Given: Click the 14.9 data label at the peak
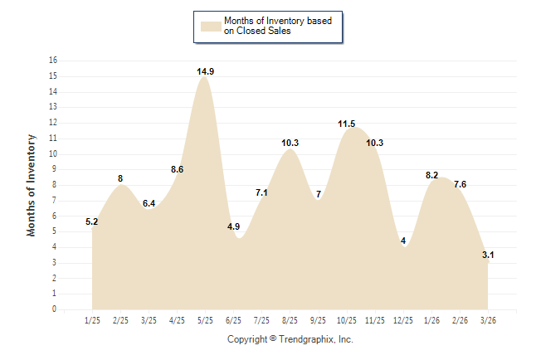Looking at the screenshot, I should point(206,72).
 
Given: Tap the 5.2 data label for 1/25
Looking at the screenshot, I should point(92,222).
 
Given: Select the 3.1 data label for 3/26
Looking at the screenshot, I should point(488,255).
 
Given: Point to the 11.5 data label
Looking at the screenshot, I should point(347,124).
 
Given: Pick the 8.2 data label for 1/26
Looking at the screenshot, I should point(431,175).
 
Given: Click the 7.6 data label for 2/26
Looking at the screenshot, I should point(460,184).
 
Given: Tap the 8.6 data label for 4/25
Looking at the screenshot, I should point(178,169).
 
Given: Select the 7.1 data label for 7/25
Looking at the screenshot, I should point(261,192).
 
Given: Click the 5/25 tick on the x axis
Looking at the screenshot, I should point(205,319).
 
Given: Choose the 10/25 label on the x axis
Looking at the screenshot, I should point(346,319).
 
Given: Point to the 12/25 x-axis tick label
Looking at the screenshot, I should point(403,319).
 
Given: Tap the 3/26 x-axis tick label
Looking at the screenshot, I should point(488,319).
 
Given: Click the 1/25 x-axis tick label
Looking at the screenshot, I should point(92,319).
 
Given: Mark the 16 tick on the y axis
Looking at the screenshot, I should point(53,61).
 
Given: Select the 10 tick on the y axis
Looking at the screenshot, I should point(53,153).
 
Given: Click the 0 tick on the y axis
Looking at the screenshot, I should point(55,309).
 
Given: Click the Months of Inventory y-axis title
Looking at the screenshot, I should point(32,185).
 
